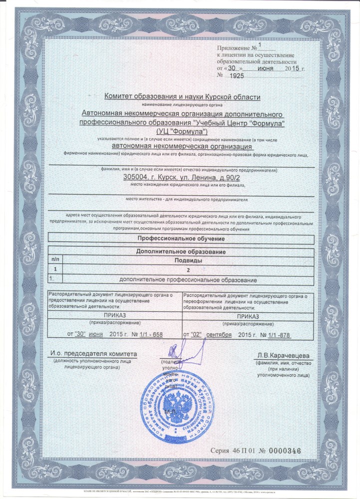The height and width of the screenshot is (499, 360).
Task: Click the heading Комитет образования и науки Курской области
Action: tap(182, 96)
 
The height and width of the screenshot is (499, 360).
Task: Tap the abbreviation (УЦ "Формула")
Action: tap(183, 130)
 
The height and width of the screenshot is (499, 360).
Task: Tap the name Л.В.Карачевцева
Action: tap(282, 355)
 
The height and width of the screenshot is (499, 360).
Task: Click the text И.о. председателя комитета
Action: tap(93, 354)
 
